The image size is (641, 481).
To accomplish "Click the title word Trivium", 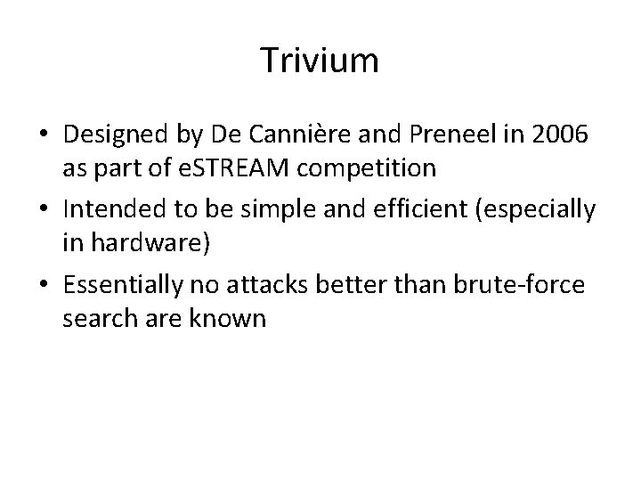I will pyautogui.click(x=320, y=61).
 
